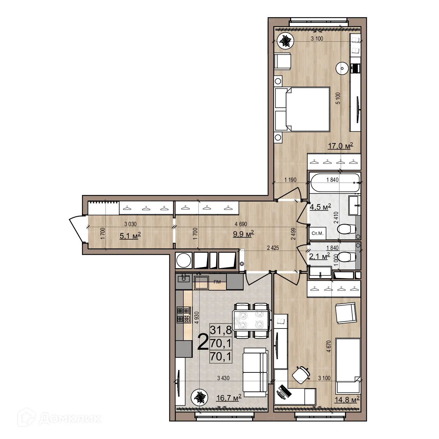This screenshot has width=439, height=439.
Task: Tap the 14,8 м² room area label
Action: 347,399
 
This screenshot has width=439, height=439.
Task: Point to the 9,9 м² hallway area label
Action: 243,234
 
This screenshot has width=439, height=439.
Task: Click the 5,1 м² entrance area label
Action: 130,236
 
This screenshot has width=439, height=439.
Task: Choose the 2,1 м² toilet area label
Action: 319,256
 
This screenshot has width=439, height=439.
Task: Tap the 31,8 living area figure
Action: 221,330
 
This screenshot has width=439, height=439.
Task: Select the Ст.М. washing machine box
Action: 318,233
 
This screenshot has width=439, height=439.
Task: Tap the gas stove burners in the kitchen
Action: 184,315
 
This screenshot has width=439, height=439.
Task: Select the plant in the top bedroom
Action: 285,41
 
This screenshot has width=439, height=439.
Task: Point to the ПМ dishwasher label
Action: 217,281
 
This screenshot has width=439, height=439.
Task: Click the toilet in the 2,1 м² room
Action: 345,257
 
